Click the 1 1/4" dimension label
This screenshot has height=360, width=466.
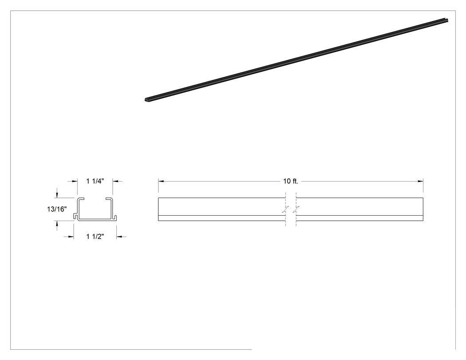(95, 181)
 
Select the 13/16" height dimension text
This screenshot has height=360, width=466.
(57, 209)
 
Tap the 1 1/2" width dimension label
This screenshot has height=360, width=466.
(95, 237)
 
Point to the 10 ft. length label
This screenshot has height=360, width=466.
(291, 181)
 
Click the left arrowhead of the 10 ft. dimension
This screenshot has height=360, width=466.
(161, 181)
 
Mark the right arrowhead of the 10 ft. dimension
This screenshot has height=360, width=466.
(421, 181)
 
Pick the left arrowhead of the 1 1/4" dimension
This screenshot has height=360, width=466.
(75, 181)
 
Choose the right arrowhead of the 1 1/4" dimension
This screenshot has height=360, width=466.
(115, 181)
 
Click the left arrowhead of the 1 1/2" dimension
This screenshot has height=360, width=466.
(71, 237)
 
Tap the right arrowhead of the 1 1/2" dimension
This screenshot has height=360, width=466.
(119, 237)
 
